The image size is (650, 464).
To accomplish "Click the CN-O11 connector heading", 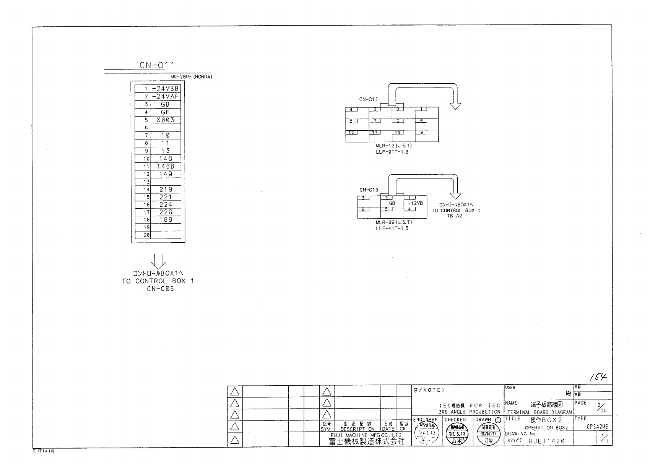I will click(x=157, y=65).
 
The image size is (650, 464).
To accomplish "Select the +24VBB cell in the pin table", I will click(x=165, y=89).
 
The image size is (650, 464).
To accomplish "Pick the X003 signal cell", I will click(x=165, y=120).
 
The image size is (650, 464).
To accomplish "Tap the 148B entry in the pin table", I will click(x=165, y=166).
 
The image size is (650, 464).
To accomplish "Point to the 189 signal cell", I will click(x=165, y=220).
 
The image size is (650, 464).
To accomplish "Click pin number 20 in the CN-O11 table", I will click(x=146, y=235).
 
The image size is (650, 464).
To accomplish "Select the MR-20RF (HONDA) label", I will click(x=191, y=77).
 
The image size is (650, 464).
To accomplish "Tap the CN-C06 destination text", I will click(x=160, y=289).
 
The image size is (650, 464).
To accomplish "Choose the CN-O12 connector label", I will click(x=368, y=99).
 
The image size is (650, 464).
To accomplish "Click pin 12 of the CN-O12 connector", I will click(x=351, y=133).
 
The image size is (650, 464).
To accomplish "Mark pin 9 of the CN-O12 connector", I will click(x=421, y=133).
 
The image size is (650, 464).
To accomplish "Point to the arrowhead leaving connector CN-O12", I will click(x=455, y=105).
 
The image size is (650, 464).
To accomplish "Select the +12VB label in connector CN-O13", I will click(x=415, y=203).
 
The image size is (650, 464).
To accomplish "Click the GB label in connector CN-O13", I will click(x=392, y=204).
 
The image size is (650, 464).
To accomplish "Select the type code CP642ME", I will click(x=597, y=427).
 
